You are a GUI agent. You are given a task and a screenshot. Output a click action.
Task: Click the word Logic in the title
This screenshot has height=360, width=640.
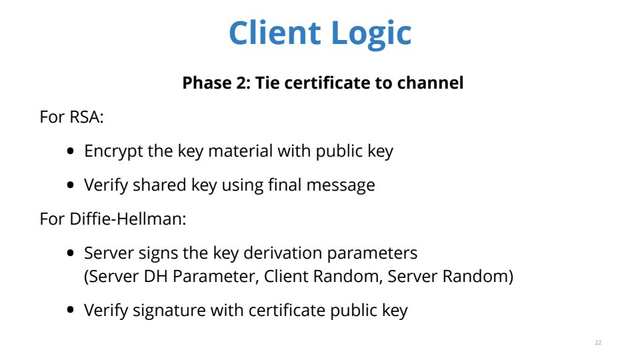[x=371, y=33]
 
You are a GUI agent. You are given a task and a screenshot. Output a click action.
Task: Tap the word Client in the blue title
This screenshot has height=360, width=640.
[x=275, y=32]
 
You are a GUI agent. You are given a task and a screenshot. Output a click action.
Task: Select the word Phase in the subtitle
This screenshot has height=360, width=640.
[x=203, y=83]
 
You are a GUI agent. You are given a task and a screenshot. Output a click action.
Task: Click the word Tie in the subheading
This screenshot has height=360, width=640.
[x=267, y=83]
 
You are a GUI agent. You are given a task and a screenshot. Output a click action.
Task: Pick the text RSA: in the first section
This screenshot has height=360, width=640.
[x=87, y=117]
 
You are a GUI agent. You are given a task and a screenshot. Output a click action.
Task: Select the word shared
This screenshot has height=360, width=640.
[x=159, y=185]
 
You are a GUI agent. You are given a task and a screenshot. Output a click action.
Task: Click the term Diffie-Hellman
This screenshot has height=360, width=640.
[x=128, y=219]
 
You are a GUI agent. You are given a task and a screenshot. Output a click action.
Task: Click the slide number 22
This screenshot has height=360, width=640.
[x=598, y=343]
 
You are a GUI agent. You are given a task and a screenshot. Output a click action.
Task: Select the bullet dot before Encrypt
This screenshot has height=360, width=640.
[x=71, y=151]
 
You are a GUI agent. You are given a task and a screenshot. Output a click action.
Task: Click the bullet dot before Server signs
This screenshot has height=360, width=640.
[x=71, y=253]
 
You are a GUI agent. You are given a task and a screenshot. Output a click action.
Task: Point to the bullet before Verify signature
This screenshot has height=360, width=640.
[x=71, y=310]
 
